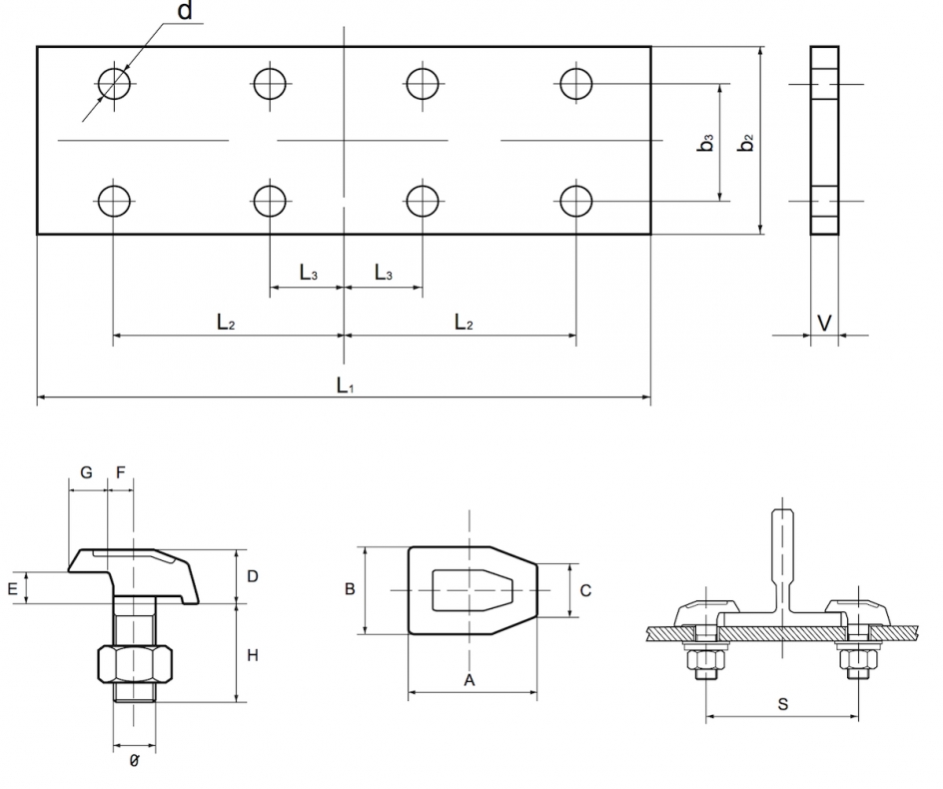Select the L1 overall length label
point(344,384)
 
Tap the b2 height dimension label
point(745,143)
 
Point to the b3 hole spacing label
point(706,143)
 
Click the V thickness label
point(824,323)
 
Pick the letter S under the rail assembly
point(782,704)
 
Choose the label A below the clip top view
point(469,680)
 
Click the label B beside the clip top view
point(350,589)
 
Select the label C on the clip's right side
point(585,590)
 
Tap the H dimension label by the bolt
point(253,655)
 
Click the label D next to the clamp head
point(253,576)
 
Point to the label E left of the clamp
point(12,589)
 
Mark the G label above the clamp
point(86,472)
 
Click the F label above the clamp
point(121,472)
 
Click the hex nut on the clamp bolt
point(137,664)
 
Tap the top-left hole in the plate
point(114,83)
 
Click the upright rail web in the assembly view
point(781,559)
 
